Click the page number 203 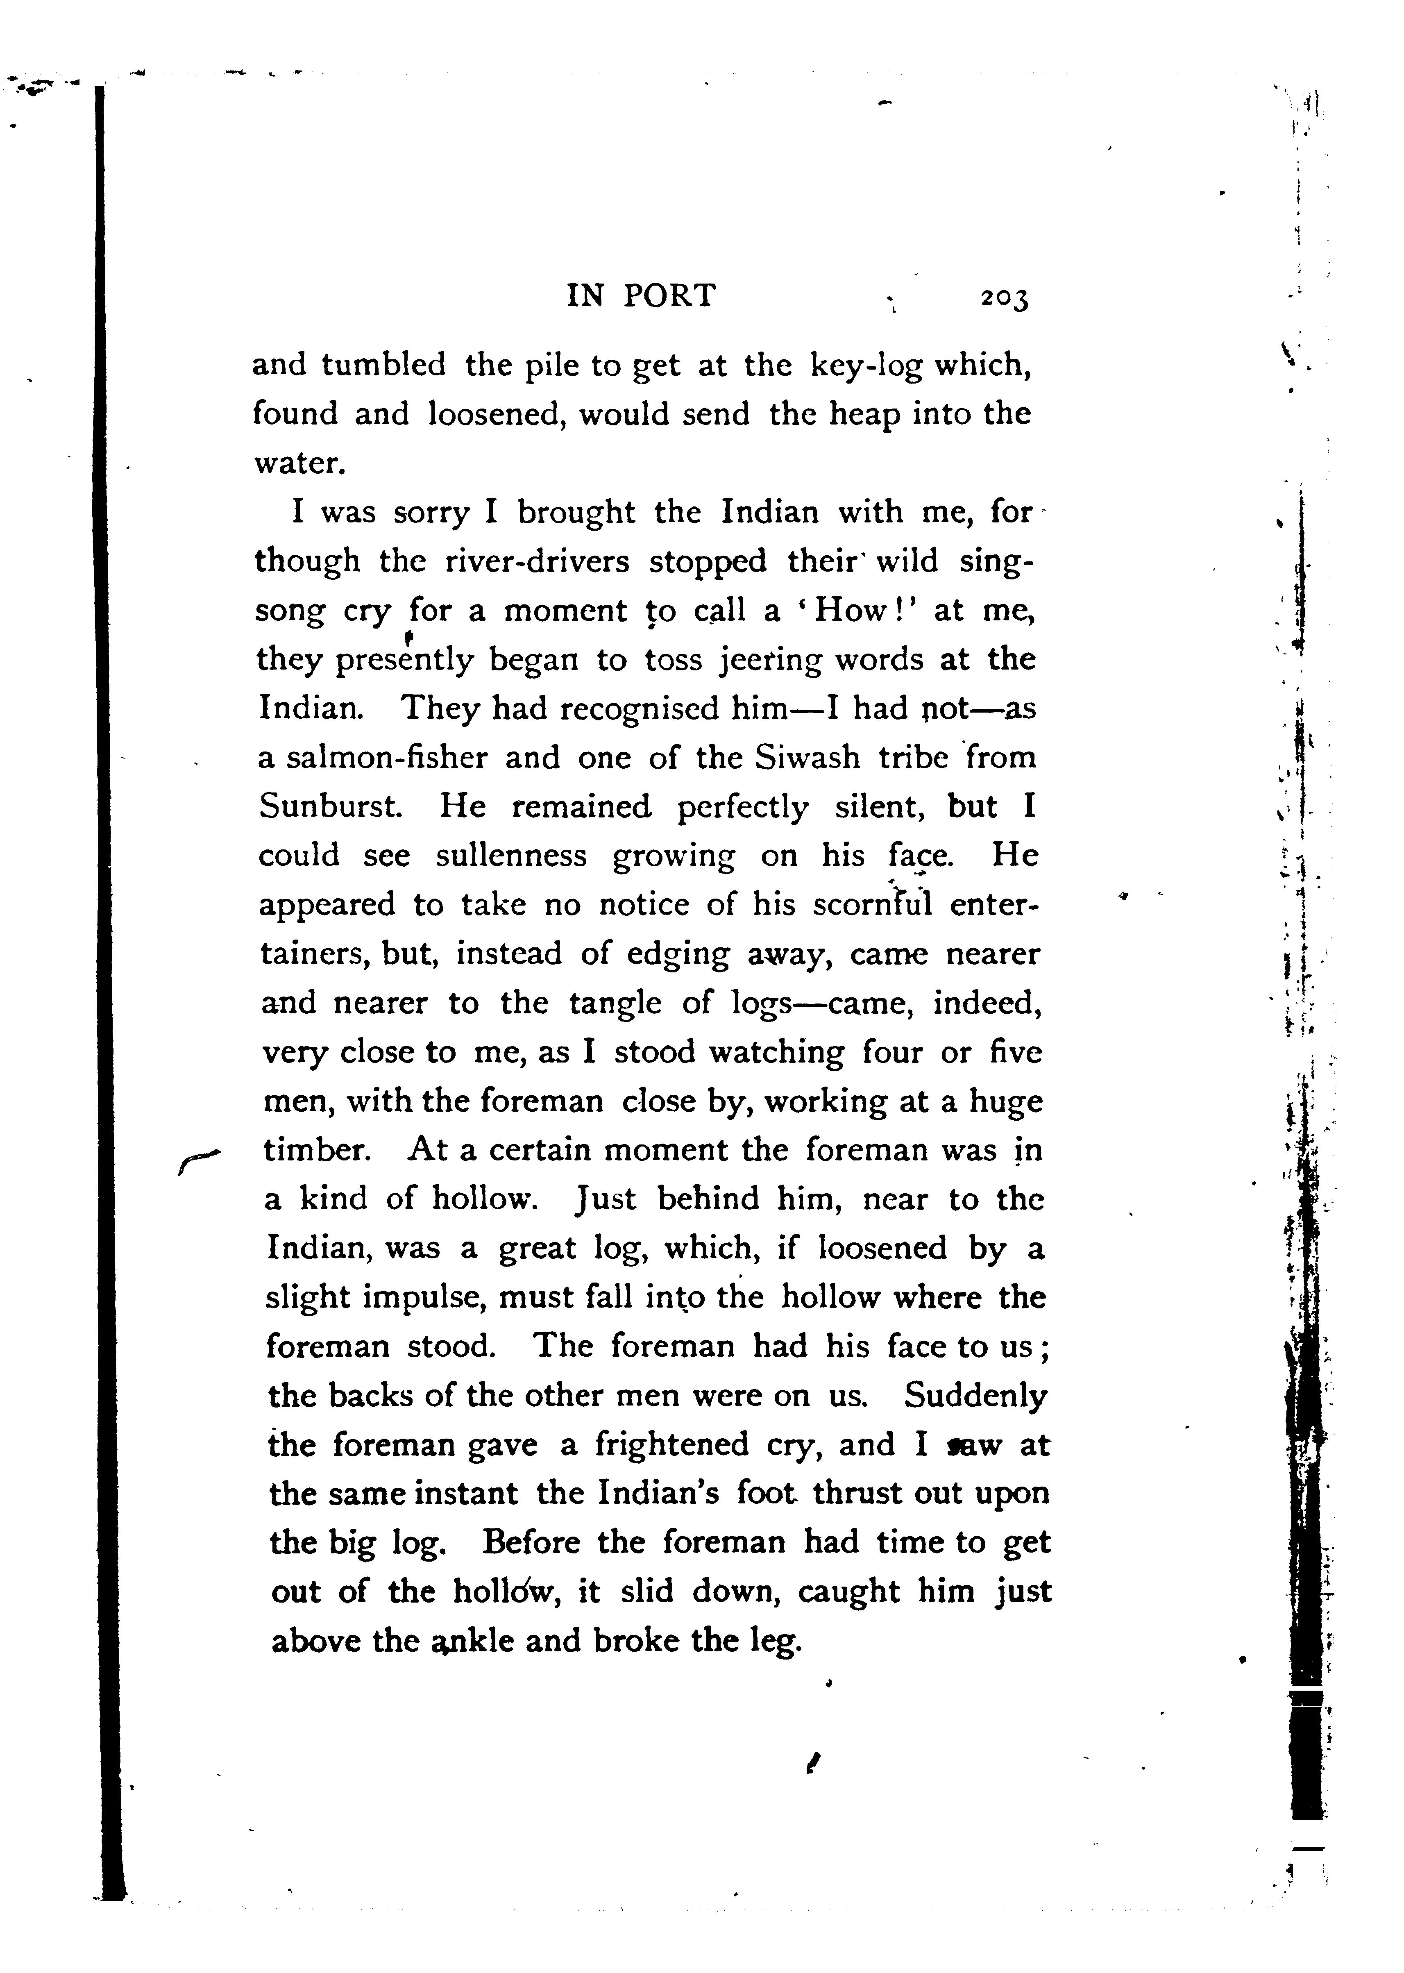[1005, 298]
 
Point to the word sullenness [511, 856]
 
